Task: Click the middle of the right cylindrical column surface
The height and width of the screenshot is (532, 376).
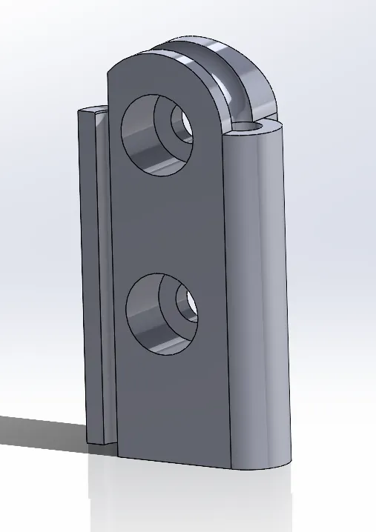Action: click(256, 296)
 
